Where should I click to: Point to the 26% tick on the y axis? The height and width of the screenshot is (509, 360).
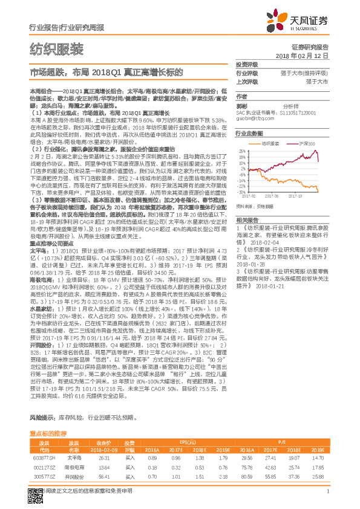(x=242, y=151)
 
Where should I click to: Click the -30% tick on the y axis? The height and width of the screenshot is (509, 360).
(x=242, y=192)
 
